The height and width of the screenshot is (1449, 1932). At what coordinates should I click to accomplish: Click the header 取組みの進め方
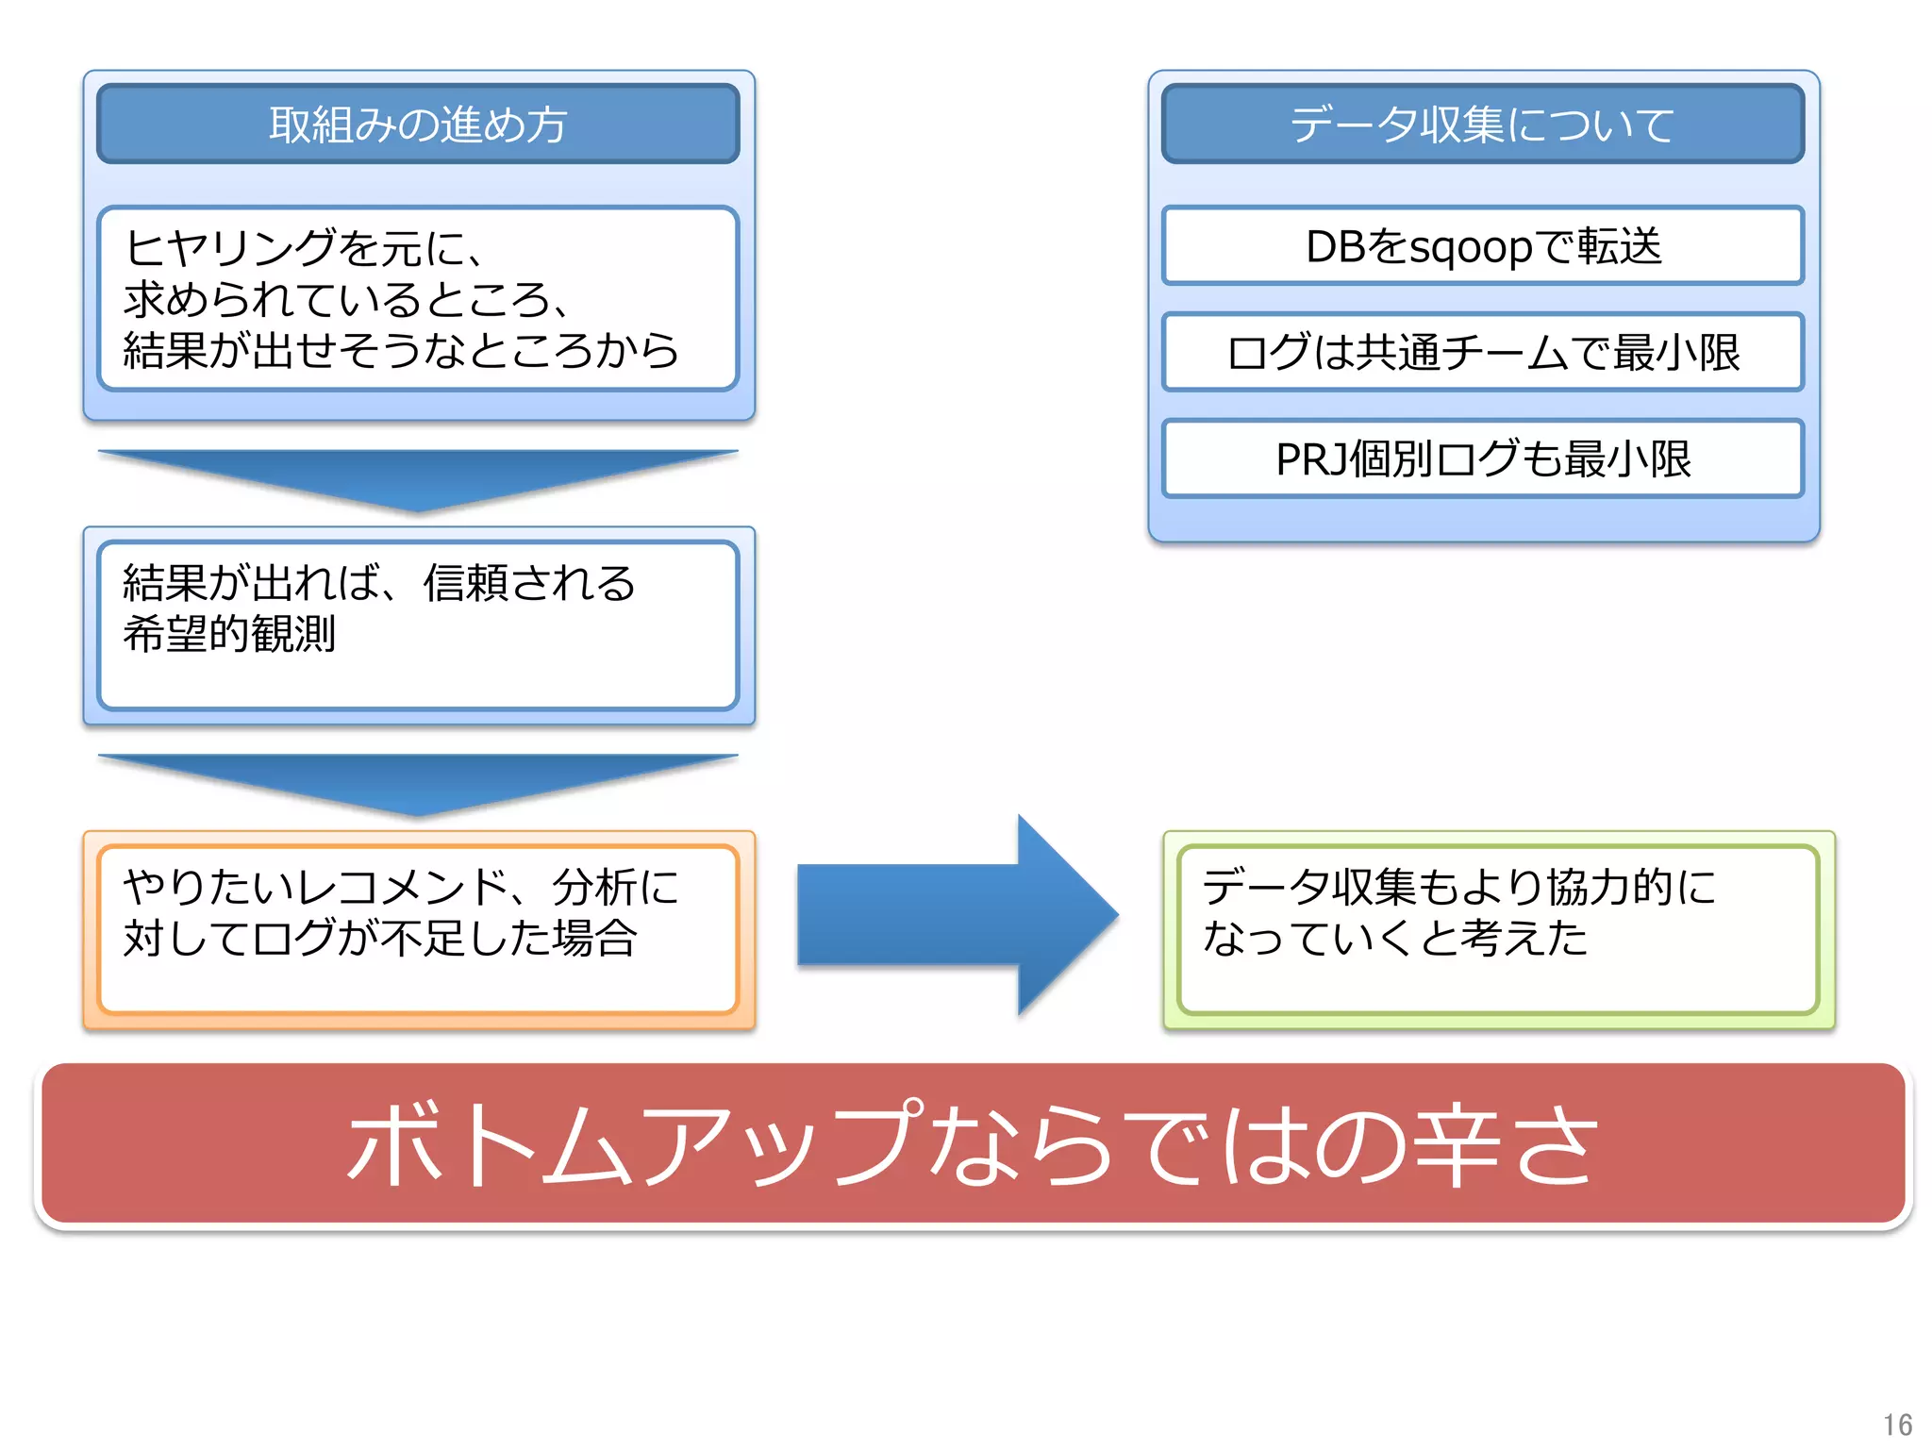pos(418,125)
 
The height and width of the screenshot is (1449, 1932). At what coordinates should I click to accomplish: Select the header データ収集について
pos(1482,125)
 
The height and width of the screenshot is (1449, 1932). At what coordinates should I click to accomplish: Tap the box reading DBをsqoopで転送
pos(1482,246)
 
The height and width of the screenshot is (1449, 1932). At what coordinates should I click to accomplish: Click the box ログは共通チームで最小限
pos(1482,352)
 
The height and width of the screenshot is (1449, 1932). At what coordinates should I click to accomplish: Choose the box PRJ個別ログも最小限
pos(1482,458)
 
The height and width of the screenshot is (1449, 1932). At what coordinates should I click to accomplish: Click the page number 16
pos(1897,1424)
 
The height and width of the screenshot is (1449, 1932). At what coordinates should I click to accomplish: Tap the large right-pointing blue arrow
pos(958,915)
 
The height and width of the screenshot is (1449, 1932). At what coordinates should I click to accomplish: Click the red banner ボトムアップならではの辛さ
pos(972,1143)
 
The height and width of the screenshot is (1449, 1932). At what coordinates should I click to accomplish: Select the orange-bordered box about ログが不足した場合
pos(418,929)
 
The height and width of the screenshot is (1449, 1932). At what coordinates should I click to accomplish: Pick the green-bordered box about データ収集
pos(1498,929)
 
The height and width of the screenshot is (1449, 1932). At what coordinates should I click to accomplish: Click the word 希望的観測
pos(229,633)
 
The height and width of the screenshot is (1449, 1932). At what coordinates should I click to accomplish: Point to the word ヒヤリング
pos(230,248)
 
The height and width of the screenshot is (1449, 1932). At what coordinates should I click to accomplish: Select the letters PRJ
pos(1311,459)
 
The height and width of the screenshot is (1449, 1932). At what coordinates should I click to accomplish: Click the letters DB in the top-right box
pos(1335,247)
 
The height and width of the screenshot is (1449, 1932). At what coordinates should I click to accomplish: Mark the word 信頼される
pos(529,583)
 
